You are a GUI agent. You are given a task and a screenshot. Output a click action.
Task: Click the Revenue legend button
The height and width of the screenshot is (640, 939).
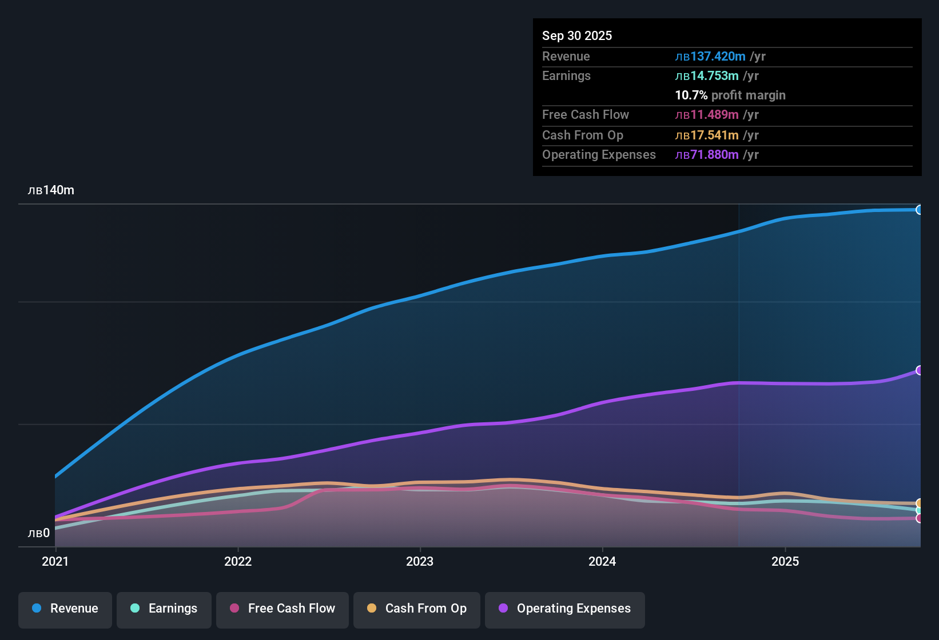65,609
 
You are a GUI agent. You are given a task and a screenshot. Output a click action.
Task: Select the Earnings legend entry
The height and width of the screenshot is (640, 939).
164,609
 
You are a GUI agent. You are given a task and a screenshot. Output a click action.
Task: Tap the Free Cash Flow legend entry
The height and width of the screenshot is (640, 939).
283,609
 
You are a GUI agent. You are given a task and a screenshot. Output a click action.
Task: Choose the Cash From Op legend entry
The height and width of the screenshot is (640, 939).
417,609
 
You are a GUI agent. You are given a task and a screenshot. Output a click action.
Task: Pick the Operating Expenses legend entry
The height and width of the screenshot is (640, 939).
565,609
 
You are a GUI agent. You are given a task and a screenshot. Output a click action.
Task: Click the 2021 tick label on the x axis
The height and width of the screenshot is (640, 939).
55,561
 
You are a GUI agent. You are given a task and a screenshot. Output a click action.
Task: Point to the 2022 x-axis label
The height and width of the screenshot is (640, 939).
238,561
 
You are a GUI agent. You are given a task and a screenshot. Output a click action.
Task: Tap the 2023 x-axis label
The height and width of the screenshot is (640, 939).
420,561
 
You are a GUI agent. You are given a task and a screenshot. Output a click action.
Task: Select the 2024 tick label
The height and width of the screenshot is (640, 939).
602,561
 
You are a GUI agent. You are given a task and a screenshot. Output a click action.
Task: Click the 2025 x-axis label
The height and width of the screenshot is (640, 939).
785,561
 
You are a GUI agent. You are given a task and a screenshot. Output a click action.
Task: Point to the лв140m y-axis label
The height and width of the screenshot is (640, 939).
51,190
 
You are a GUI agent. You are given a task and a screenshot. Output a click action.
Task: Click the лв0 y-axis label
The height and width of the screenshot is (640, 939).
39,533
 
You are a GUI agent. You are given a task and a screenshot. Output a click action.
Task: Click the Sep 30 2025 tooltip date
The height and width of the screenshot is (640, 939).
577,35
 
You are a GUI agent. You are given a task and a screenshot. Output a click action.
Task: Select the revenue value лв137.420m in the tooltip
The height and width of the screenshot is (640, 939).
710,56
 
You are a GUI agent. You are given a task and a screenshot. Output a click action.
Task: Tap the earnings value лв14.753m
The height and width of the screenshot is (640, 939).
707,76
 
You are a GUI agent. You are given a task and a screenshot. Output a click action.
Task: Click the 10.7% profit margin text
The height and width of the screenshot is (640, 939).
730,95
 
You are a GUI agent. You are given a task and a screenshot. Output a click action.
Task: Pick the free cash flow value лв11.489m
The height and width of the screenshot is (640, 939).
707,115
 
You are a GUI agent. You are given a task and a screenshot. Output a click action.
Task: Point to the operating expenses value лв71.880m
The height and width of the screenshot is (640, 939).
707,155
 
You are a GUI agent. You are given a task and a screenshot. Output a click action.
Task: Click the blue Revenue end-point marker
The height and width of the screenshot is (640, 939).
920,210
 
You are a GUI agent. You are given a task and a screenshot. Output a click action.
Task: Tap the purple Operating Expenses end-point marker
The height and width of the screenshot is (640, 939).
920,370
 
